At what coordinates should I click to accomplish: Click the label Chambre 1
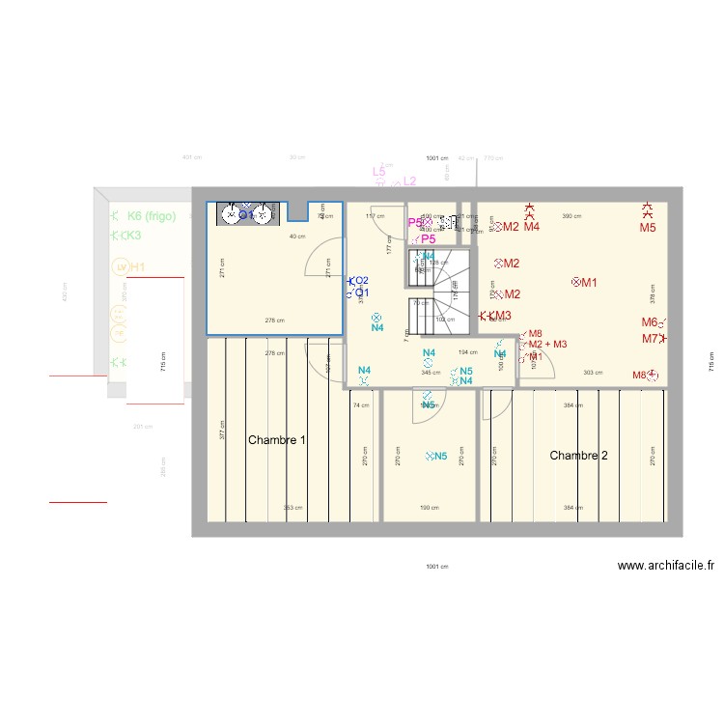coord(277,440)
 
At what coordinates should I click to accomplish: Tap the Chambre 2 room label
coord(578,455)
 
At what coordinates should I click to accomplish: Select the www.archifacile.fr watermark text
coord(665,568)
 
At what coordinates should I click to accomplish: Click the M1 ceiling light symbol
coord(577,282)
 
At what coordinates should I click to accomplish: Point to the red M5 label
coord(647,228)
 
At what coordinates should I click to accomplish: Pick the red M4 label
coord(531,227)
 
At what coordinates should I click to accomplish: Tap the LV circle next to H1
coord(121,266)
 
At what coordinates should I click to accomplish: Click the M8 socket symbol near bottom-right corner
coord(654,375)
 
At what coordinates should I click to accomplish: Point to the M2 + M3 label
coord(547,344)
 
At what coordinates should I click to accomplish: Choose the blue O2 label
coord(360,280)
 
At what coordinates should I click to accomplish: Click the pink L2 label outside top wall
coord(409,181)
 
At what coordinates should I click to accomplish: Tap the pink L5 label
coord(379,173)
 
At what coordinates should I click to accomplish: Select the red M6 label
coord(650,322)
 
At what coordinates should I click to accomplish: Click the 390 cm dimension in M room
coord(571,216)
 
